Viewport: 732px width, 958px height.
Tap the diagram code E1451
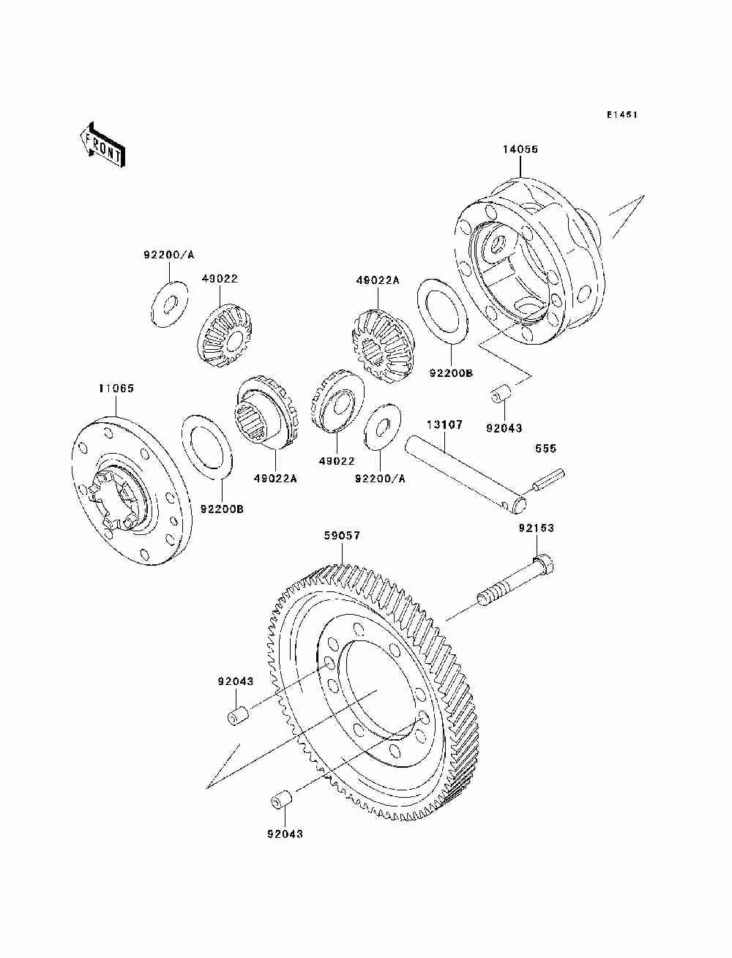pos(621,115)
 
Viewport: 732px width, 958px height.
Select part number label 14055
pos(520,149)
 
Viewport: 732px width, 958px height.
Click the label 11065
pos(116,388)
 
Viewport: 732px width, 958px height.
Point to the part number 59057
pos(342,535)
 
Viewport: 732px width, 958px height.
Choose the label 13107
pos(444,424)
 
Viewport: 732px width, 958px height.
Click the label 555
pos(545,448)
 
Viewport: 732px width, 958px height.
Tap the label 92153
pos(537,528)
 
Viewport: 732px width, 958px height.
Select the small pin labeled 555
pos(548,480)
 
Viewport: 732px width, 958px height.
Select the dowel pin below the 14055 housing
pos(499,394)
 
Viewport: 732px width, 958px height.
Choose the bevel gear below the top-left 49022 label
pos(226,334)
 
